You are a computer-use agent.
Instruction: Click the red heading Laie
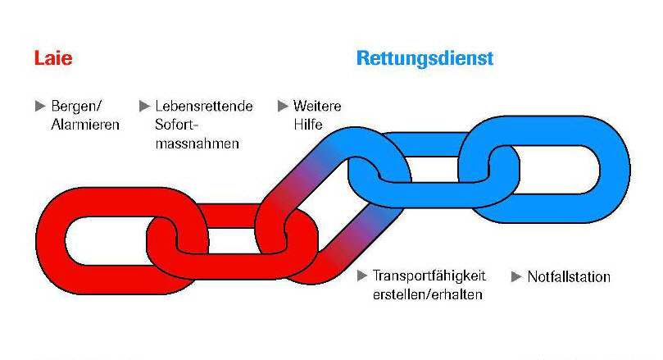(52, 59)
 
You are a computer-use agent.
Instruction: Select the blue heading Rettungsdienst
(425, 59)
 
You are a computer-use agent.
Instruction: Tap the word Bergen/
(76, 107)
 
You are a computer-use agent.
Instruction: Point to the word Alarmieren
(85, 125)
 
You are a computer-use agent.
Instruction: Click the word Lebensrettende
(203, 107)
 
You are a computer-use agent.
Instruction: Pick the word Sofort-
(177, 125)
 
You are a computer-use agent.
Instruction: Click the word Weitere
(316, 107)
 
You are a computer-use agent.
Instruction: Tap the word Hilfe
(307, 125)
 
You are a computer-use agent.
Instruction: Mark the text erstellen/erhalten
(427, 294)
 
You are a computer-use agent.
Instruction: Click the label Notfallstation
(569, 276)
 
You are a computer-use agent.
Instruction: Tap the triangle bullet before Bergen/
(39, 106)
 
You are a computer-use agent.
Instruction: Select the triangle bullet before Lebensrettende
(144, 106)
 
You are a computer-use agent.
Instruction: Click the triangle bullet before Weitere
(283, 106)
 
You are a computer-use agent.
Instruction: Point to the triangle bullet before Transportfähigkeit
(362, 276)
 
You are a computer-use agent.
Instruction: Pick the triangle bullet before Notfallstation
(517, 276)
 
